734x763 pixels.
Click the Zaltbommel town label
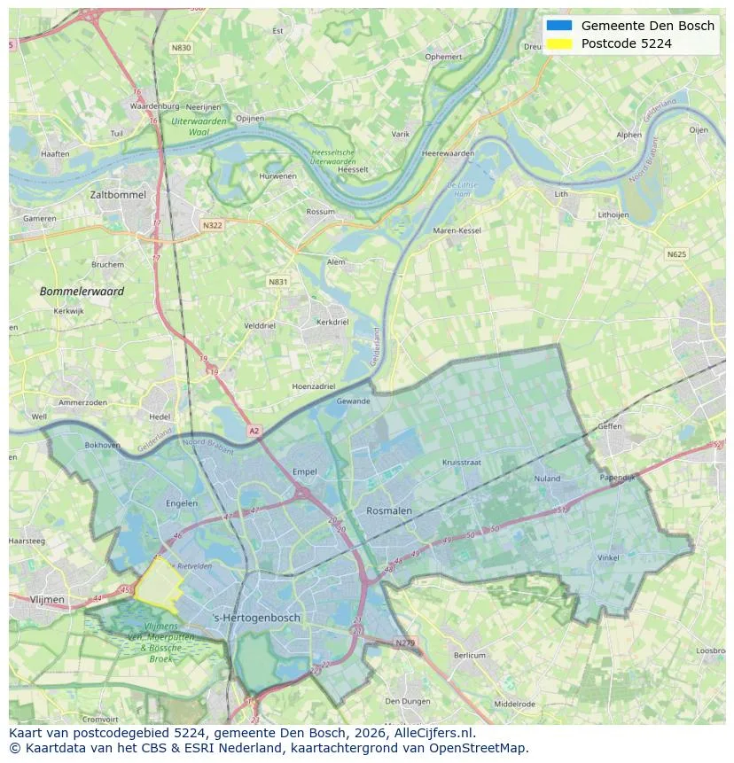pyautogui.click(x=118, y=194)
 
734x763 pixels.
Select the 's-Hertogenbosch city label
pyautogui.click(x=257, y=618)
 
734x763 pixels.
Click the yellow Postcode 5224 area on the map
pyautogui.click(x=158, y=585)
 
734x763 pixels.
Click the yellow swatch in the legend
pyautogui.click(x=559, y=43)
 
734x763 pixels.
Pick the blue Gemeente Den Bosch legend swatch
pyautogui.click(x=559, y=26)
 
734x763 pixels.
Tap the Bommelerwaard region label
pyautogui.click(x=82, y=291)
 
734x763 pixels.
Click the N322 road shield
pyautogui.click(x=212, y=225)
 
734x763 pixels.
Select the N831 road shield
pyautogui.click(x=277, y=282)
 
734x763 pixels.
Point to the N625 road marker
pyautogui.click(x=676, y=254)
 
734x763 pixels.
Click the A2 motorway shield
pyautogui.click(x=254, y=431)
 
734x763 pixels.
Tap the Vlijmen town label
pyautogui.click(x=47, y=600)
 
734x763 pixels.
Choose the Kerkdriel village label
pyautogui.click(x=332, y=323)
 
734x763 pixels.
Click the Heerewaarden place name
pyautogui.click(x=448, y=153)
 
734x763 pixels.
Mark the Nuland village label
pyautogui.click(x=547, y=479)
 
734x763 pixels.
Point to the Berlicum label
pyautogui.click(x=470, y=656)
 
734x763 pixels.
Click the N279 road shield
pyautogui.click(x=404, y=642)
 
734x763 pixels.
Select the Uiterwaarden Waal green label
pyautogui.click(x=199, y=125)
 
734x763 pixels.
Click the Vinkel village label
pyautogui.click(x=608, y=558)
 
